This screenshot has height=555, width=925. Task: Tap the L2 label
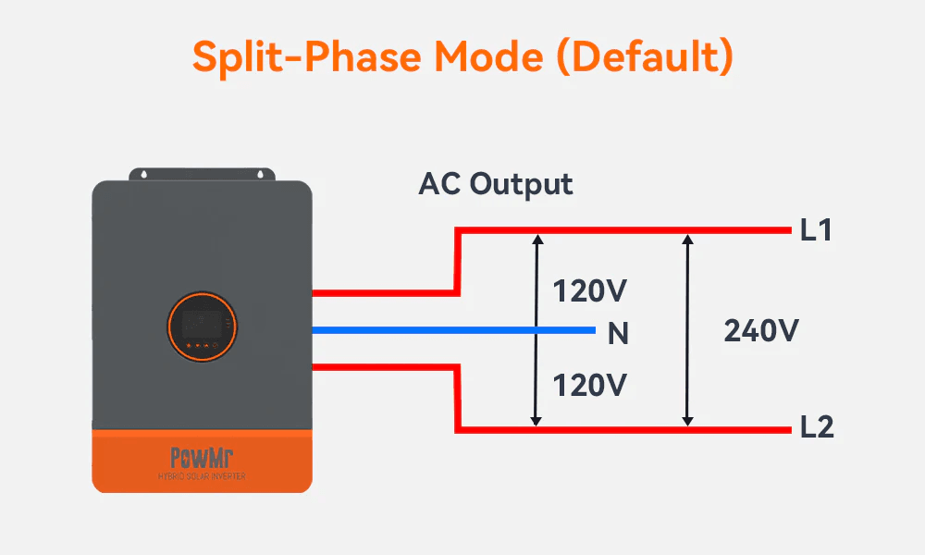pyautogui.click(x=817, y=428)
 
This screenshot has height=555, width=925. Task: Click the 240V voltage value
pyautogui.click(x=761, y=331)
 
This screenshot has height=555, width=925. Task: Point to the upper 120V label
pyautogui.click(x=590, y=291)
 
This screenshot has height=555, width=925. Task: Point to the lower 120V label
pyautogui.click(x=590, y=384)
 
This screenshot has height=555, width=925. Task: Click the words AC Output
pyautogui.click(x=496, y=183)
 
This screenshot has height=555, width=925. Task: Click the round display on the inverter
pyautogui.click(x=202, y=328)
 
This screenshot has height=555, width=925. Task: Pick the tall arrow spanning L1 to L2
pyautogui.click(x=686, y=330)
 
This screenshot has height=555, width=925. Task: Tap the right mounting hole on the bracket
pyautogui.click(x=264, y=173)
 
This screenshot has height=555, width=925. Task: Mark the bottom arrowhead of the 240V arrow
pyautogui.click(x=686, y=420)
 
